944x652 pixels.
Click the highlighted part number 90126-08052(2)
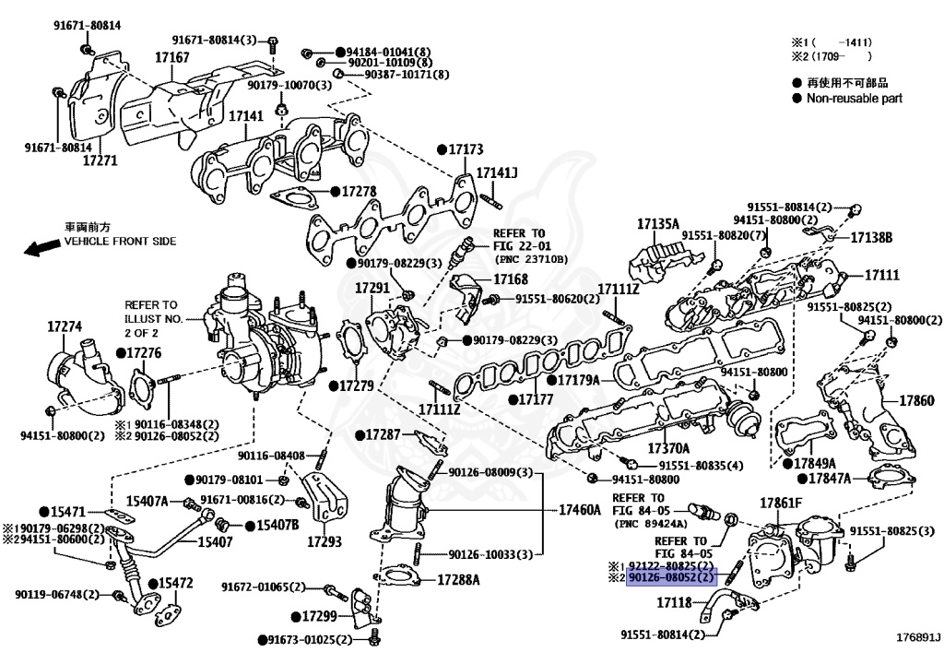click(x=672, y=578)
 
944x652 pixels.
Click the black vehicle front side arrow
click(x=41, y=247)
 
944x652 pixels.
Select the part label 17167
click(x=171, y=57)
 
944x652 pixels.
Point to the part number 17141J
click(x=497, y=172)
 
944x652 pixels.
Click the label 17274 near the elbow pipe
click(x=65, y=326)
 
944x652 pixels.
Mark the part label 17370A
click(x=668, y=447)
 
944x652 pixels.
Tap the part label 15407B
click(x=277, y=525)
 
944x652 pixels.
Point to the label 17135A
click(x=657, y=223)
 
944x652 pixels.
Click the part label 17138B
click(x=871, y=238)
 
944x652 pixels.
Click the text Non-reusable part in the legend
click(x=855, y=98)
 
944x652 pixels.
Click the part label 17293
click(x=324, y=541)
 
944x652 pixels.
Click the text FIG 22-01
click(x=518, y=246)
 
